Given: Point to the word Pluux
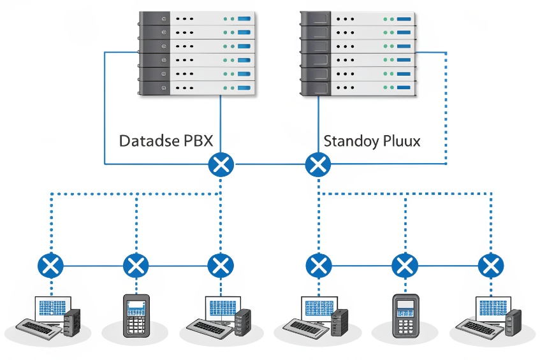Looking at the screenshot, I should [400, 141].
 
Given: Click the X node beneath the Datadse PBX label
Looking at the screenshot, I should [221, 165].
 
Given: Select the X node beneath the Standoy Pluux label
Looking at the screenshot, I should [318, 165].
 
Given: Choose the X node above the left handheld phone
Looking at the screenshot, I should [135, 264].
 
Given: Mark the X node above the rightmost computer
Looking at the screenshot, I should [490, 264].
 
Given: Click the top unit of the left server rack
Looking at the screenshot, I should [198, 18].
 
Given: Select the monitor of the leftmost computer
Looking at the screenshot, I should [54, 307].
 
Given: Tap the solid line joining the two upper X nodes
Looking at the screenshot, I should [270, 165].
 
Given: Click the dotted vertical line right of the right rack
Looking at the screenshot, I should [446, 108].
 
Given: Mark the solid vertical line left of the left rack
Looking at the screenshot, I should [105, 108].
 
